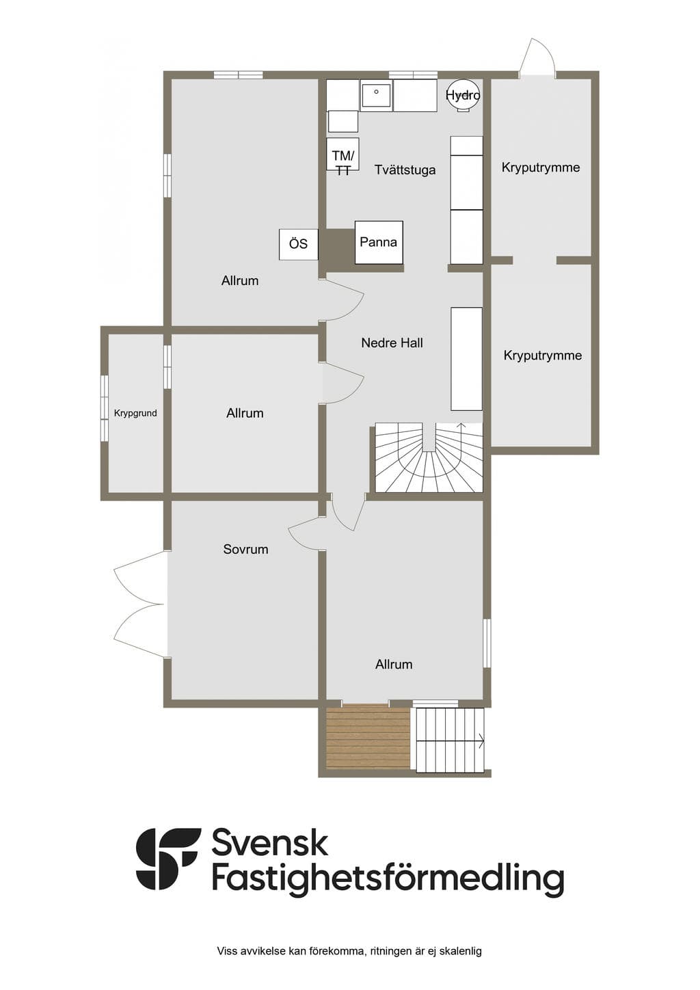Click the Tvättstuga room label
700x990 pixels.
(x=405, y=170)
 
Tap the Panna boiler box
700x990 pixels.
(x=379, y=242)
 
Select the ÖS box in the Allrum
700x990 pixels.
(x=298, y=244)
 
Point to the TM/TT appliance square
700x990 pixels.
(x=343, y=154)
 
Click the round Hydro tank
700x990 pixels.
(x=463, y=96)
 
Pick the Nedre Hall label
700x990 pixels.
(x=392, y=343)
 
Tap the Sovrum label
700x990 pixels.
(x=245, y=550)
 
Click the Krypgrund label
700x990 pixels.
(x=135, y=413)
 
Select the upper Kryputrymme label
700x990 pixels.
(x=541, y=168)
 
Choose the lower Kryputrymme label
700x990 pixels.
(x=543, y=356)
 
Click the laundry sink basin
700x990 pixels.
(x=376, y=96)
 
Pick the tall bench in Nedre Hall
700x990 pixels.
(x=466, y=359)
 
